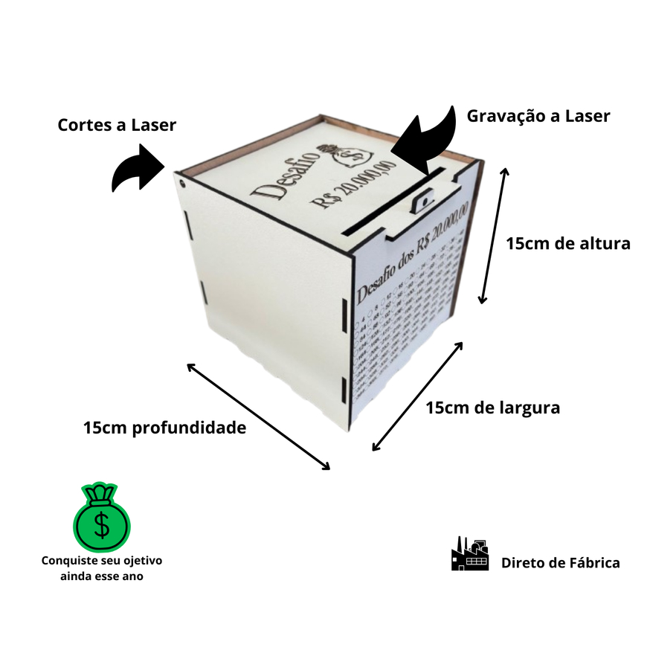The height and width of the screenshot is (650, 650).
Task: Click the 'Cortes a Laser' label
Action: point(117,125)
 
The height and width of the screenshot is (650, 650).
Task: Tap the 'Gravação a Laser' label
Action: point(538,116)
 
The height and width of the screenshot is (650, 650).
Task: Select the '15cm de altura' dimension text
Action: point(568,243)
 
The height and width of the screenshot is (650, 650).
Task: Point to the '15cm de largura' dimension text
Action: point(493,408)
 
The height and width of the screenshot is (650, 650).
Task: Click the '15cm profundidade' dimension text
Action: point(164,428)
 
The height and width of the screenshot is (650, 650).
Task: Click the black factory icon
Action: point(470,554)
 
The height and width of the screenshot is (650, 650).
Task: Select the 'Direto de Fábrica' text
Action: point(560,563)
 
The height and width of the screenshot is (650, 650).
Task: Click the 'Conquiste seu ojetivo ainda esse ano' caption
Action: point(102,568)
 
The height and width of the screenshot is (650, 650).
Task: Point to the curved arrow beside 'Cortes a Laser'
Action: point(138,169)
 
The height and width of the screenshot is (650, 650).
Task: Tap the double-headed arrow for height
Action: point(494,236)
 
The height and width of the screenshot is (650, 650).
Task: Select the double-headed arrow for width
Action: point(417,396)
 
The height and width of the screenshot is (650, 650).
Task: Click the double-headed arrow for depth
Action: point(258,416)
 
